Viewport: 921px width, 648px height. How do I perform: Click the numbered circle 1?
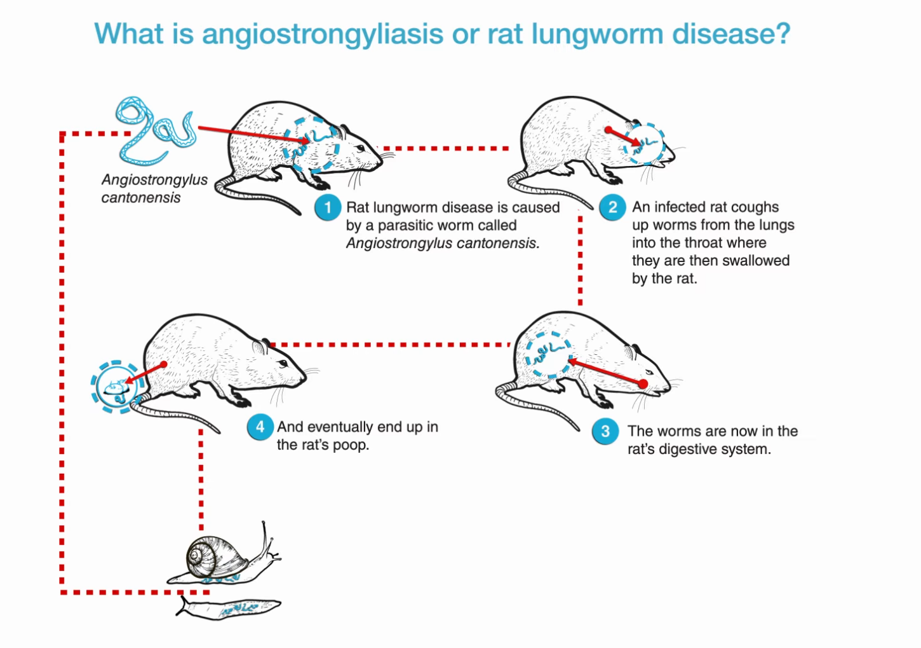pos(328,208)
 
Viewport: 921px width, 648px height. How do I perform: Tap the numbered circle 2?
pos(613,207)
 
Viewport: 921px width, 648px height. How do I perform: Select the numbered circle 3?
pos(605,432)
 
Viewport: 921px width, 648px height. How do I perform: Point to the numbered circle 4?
pos(260,427)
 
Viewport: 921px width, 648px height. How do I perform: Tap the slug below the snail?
pos(229,608)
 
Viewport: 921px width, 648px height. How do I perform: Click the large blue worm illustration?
pos(152,130)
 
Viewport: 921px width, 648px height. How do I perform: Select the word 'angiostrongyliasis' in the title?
pos(322,34)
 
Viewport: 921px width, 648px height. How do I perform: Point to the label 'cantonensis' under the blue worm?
pos(141,198)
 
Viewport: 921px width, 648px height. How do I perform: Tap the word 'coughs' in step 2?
pos(755,207)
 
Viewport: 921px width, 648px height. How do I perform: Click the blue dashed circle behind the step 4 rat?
pos(115,387)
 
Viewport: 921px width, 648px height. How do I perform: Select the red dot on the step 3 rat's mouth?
pos(643,384)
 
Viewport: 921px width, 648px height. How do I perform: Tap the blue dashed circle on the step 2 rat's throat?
pos(645,144)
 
